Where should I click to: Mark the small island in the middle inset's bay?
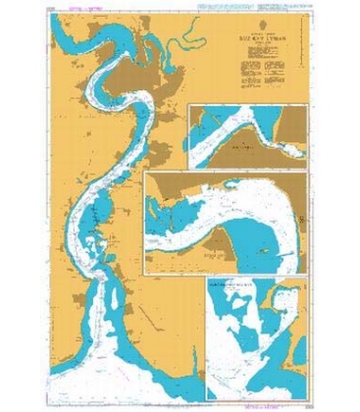pos(267,252)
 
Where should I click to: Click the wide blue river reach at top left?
pos(88,39)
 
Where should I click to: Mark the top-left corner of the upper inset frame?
pos(191,102)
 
